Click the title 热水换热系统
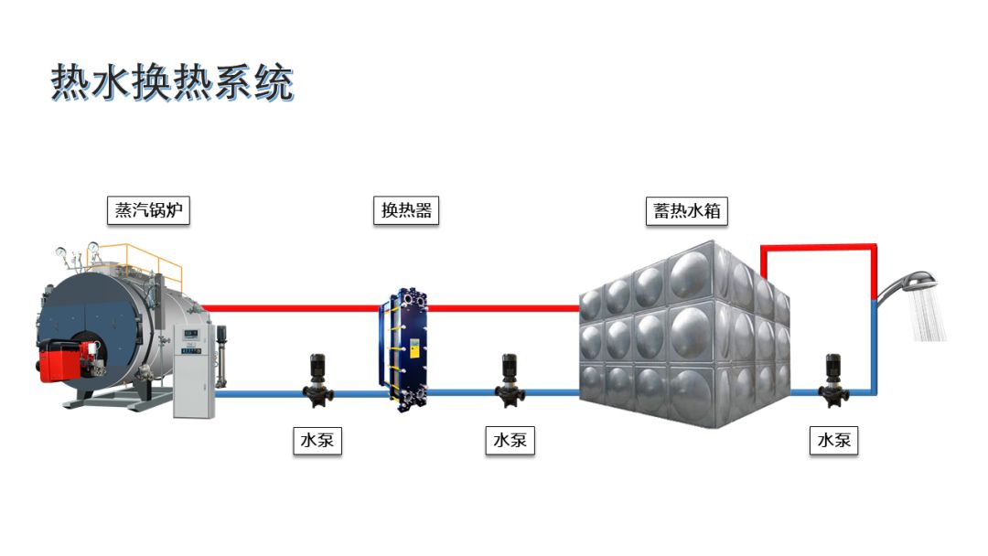tap(172, 82)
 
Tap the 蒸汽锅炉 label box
tap(148, 211)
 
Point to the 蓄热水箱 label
tap(686, 211)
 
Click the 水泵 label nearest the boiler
tap(317, 441)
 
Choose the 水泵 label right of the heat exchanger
tap(510, 441)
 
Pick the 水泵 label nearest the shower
tap(834, 441)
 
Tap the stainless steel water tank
tap(682, 334)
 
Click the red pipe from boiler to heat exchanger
tap(293, 308)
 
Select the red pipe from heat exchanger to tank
tap(503, 308)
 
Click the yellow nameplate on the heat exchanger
tap(413, 348)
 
